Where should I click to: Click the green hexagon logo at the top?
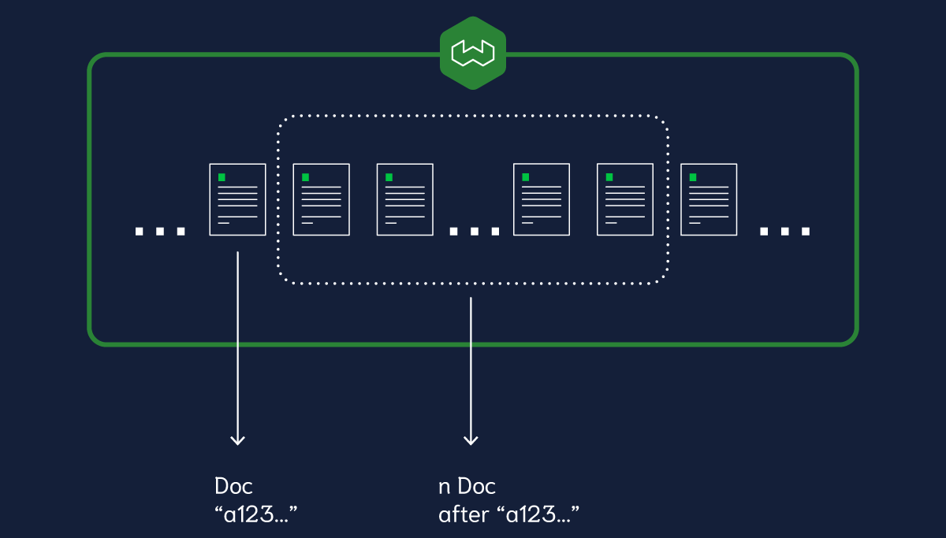[x=472, y=53]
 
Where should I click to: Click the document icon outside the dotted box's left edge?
[x=237, y=199]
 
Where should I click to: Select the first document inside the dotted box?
[x=321, y=199]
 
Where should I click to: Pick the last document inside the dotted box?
[x=625, y=199]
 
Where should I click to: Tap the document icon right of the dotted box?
[x=709, y=199]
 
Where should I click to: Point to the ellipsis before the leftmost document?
[x=160, y=231]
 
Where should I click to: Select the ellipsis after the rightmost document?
[x=784, y=231]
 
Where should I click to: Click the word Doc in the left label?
[x=233, y=486]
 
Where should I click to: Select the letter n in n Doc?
[x=444, y=487]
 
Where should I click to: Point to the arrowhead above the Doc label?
[x=237, y=440]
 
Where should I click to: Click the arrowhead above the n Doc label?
[x=471, y=440]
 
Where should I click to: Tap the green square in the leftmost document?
[x=222, y=177]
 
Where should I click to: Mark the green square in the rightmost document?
[x=694, y=177]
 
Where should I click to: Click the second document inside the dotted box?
[x=404, y=199]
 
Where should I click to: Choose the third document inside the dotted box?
[x=542, y=199]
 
